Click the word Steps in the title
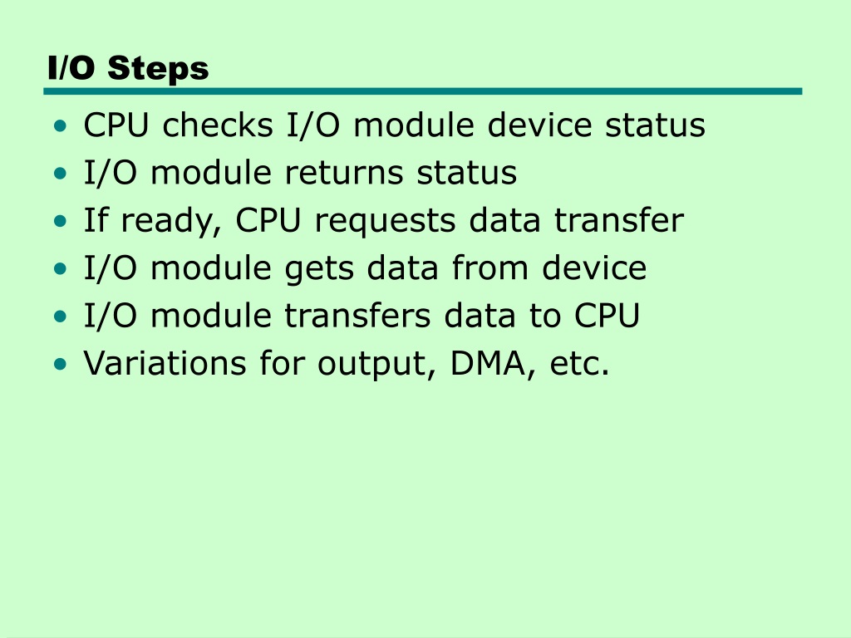pos(158,69)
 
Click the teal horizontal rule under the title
pos(423,91)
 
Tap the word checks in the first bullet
pos(218,125)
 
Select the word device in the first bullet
pos(539,125)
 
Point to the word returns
pos(344,173)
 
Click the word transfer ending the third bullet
pos(618,220)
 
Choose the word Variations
pos(165,363)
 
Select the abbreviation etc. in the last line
pos(579,364)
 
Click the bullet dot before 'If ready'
pos(60,221)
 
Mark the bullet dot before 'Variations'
pos(60,364)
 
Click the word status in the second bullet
pos(467,173)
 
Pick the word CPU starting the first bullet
pos(116,125)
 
